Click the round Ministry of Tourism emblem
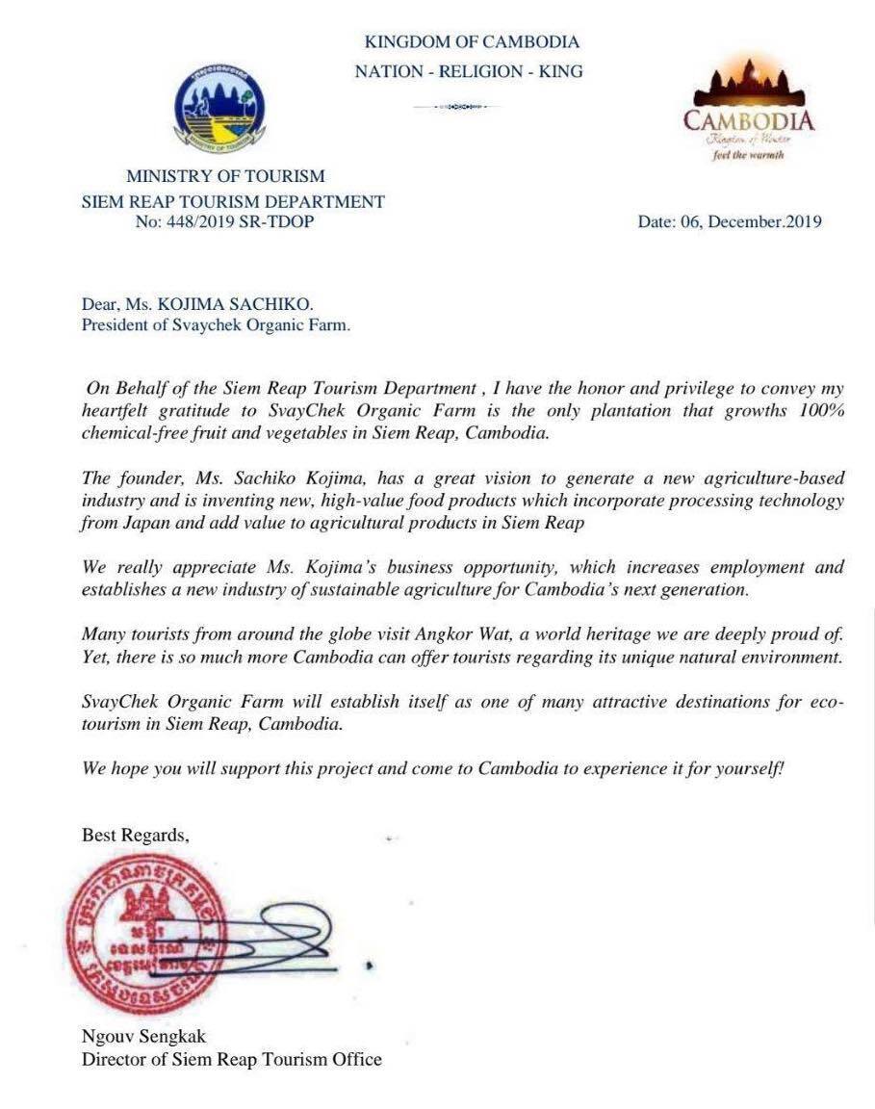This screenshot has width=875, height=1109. [219, 112]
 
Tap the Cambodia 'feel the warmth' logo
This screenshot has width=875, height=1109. [749, 111]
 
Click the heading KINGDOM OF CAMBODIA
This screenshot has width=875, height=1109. [472, 42]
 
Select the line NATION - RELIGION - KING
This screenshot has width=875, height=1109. [469, 71]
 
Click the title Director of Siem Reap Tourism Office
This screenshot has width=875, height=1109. [231, 1059]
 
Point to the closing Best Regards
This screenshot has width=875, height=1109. [135, 836]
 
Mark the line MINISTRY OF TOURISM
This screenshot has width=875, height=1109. [225, 176]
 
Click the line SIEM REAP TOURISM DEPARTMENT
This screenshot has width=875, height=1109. [233, 201]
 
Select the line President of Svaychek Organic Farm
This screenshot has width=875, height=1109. [216, 325]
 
